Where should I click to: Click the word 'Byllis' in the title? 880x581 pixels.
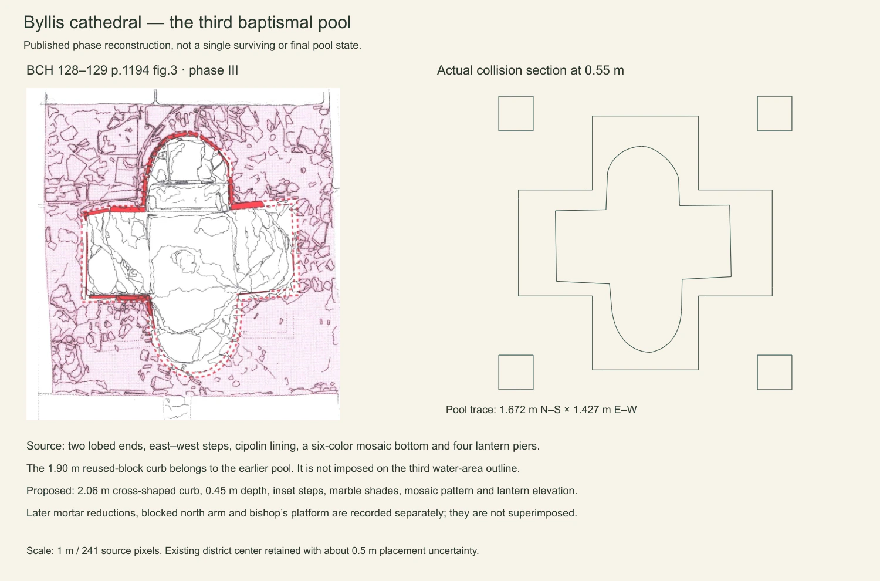(x=43, y=23)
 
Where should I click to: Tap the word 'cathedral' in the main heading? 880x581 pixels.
(x=105, y=22)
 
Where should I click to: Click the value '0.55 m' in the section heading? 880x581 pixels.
(x=604, y=70)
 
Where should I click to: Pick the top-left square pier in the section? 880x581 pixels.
(x=516, y=113)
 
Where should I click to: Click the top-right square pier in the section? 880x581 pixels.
(x=774, y=113)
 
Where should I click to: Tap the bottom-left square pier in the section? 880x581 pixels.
(x=516, y=372)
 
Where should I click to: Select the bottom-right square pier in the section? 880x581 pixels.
(x=774, y=372)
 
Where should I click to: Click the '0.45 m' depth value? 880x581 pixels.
(x=222, y=491)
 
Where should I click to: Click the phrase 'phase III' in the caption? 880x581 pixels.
(x=214, y=70)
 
